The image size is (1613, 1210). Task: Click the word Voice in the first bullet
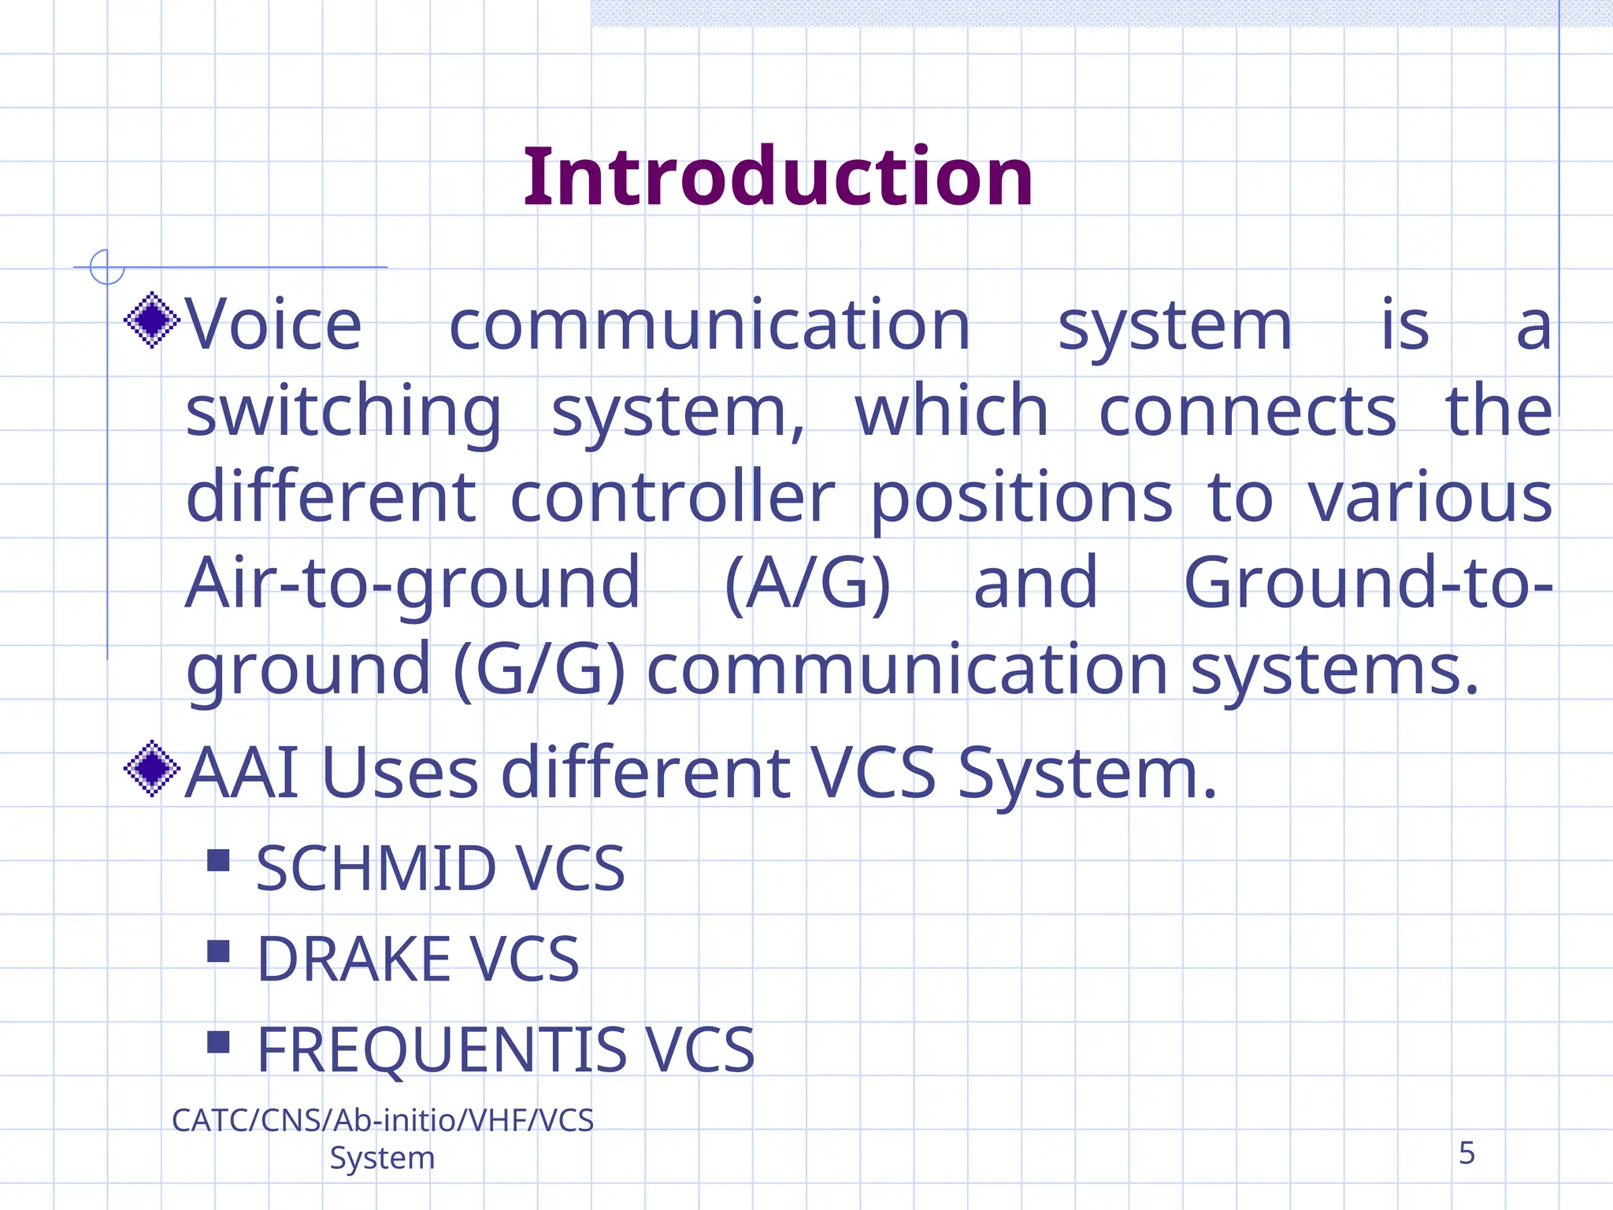point(273,325)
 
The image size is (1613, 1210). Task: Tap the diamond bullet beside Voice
point(152,320)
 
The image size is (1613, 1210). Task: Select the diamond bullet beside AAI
point(152,768)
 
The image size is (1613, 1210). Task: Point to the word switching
point(343,413)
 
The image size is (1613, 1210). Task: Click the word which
point(951,411)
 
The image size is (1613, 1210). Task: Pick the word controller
point(672,498)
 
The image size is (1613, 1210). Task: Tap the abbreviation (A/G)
point(806,585)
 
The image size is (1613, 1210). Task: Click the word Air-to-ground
point(413,585)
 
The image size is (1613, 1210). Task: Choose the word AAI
point(242,774)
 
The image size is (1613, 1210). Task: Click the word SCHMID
point(375,869)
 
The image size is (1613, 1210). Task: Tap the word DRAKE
point(353,959)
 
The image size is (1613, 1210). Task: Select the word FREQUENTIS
point(441,1051)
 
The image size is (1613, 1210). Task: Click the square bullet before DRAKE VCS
point(218,952)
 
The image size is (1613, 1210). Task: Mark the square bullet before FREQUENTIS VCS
point(218,1042)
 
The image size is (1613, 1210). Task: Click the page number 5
point(1466,1153)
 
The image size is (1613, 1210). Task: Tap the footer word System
point(382,1158)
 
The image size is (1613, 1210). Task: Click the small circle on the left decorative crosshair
point(107,267)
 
